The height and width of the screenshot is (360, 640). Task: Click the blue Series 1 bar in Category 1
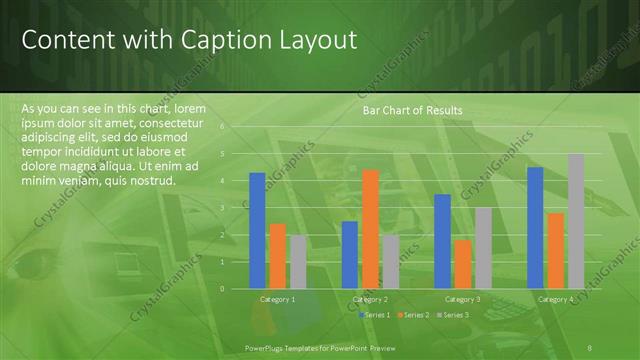pyautogui.click(x=257, y=230)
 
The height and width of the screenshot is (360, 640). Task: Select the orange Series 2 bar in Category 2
pyautogui.click(x=370, y=228)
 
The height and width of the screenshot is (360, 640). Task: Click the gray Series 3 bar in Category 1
pyautogui.click(x=298, y=261)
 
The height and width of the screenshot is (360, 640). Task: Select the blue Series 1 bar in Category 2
pyautogui.click(x=350, y=254)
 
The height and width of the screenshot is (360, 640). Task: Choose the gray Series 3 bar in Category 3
pyautogui.click(x=483, y=247)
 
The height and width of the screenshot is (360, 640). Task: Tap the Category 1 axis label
pyautogui.click(x=278, y=299)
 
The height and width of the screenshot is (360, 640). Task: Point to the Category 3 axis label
pyautogui.click(x=463, y=299)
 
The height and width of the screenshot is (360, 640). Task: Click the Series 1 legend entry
pyautogui.click(x=376, y=315)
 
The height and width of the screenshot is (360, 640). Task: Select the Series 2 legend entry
pyautogui.click(x=415, y=315)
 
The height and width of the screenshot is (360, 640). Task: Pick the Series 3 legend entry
pyautogui.click(x=454, y=315)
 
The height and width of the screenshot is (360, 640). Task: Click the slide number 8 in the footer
pyautogui.click(x=590, y=346)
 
